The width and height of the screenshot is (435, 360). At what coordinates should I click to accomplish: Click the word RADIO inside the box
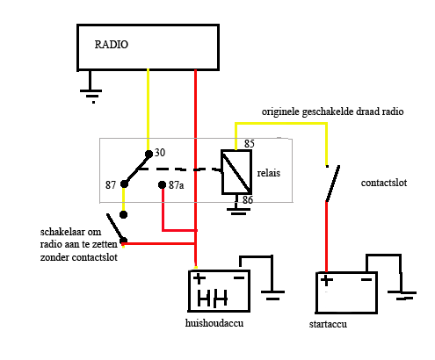point(112,45)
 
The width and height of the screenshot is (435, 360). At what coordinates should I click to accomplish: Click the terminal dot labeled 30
point(149,154)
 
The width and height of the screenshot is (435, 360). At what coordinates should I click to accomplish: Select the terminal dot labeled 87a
point(162,184)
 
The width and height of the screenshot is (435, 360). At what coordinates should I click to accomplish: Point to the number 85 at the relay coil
point(250,144)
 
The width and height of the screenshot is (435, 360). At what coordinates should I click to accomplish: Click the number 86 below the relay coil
point(248,200)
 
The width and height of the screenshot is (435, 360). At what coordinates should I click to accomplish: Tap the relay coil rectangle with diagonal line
point(236,172)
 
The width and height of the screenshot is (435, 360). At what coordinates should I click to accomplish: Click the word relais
point(269,173)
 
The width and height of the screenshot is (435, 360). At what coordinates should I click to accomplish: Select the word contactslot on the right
point(384,183)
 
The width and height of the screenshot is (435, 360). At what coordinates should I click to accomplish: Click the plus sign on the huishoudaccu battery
point(199,278)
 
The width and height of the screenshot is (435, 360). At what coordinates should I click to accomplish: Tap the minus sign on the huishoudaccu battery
point(239,277)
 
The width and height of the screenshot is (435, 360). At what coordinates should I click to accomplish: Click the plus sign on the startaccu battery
point(327,280)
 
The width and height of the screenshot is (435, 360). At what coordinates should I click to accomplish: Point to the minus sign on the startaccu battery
point(366,280)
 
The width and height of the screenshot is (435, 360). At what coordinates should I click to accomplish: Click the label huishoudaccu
point(214,323)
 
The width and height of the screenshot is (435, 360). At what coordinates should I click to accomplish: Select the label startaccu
point(328,324)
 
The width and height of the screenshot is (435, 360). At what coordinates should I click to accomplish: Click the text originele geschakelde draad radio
point(332,112)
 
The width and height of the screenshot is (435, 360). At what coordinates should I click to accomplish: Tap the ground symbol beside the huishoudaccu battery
point(272,295)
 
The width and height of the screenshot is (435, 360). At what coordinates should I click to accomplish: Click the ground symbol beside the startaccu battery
point(402,295)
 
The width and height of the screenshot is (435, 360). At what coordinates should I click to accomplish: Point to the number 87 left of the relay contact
point(111,185)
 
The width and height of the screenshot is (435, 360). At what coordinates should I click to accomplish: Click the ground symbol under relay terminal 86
point(238,212)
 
